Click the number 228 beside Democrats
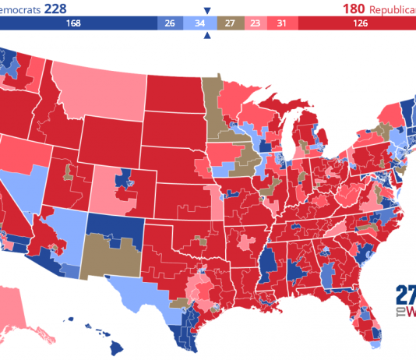pos(59,9)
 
